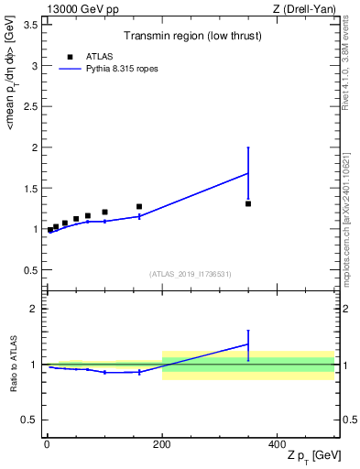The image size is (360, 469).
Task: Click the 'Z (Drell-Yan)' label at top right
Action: (x=304, y=8)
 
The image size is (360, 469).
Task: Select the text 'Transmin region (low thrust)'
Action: (x=190, y=36)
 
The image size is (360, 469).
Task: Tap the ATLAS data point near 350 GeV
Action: (x=248, y=203)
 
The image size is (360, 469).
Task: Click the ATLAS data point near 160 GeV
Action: (x=139, y=206)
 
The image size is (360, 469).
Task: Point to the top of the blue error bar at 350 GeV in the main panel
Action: (x=248, y=147)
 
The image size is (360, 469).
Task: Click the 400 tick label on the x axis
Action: (x=277, y=443)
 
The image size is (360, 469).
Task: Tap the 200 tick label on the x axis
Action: (x=161, y=443)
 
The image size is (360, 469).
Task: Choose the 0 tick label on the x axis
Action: (x=47, y=443)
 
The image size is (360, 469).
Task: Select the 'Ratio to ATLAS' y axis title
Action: (x=13, y=365)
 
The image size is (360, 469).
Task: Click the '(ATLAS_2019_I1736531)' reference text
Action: (x=190, y=274)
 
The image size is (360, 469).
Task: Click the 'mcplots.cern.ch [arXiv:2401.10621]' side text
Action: (x=352, y=206)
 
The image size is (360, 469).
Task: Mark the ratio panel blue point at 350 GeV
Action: (x=248, y=344)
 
